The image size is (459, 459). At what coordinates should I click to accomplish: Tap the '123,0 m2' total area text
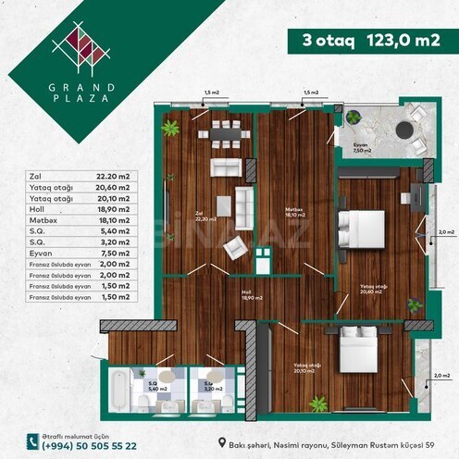click(384, 41)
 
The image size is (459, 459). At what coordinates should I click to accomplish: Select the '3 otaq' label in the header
click(320, 41)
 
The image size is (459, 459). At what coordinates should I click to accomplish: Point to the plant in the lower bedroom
click(318, 403)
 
